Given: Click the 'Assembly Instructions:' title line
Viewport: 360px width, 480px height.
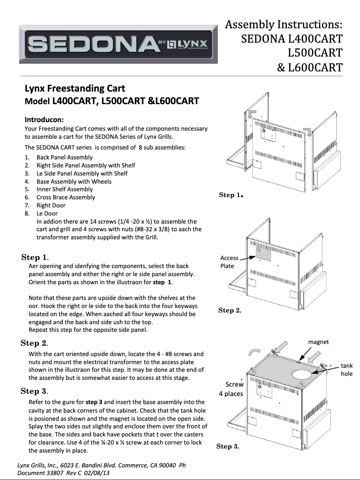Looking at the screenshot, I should pos(284,24).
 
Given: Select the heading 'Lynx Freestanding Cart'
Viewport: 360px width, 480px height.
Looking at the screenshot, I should pos(75,88).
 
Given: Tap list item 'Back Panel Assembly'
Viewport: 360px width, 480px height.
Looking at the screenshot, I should pos(65,157).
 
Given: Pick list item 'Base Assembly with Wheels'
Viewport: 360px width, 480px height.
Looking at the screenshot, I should pos(74,181).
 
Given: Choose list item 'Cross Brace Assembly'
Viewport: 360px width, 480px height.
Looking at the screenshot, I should pos(66,197).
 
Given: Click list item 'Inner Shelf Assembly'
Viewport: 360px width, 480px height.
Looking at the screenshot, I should pos(65,189).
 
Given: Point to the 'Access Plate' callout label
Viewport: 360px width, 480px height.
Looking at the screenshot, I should pos(229,262).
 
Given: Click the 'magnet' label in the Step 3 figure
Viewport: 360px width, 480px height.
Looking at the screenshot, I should pos(318,342).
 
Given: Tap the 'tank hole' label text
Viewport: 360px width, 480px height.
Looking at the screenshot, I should pos(347,370).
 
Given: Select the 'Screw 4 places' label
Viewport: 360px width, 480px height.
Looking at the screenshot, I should pos(231,389).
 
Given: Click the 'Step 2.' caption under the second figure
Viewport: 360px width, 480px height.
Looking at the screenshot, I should pos(230,310).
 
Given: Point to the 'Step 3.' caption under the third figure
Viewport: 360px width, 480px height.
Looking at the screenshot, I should pos(228,446).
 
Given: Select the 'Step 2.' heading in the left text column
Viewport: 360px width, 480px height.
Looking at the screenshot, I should pos(35,343).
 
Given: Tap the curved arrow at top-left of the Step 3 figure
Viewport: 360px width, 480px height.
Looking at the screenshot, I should pos(255,352).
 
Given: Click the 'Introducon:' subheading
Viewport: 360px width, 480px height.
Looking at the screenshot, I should pos(44,120).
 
